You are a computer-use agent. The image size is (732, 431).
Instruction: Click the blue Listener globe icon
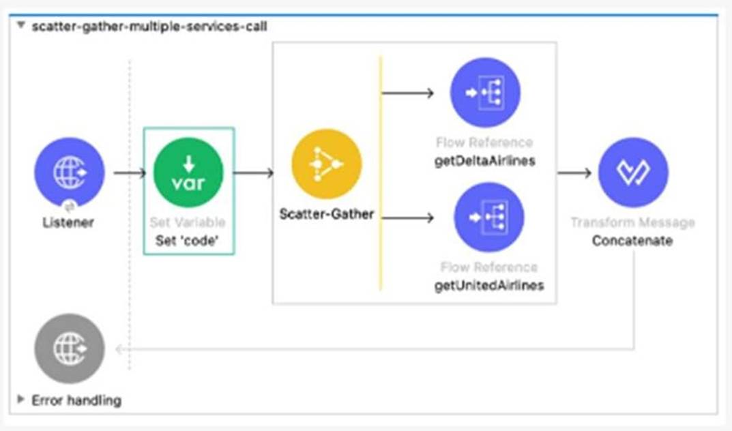click(x=69, y=172)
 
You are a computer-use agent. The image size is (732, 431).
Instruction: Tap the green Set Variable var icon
click(x=188, y=172)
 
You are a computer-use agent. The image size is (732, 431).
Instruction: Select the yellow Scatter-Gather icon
click(x=326, y=164)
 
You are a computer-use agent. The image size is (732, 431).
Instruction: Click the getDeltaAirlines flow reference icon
click(x=484, y=93)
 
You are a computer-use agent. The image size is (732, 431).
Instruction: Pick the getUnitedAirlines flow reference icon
click(x=488, y=217)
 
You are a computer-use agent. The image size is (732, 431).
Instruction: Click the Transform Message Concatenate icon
click(x=632, y=172)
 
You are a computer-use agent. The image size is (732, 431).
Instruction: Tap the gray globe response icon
click(x=69, y=348)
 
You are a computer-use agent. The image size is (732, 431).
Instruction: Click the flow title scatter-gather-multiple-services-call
click(x=149, y=27)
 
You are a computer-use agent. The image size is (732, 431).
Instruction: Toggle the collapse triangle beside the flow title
click(x=21, y=27)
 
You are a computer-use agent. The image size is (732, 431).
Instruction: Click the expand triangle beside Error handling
click(x=21, y=400)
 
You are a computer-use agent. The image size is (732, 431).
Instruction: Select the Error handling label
click(x=76, y=400)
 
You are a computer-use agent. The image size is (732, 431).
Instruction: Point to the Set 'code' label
click(x=188, y=240)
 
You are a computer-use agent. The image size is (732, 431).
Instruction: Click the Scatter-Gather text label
click(x=326, y=214)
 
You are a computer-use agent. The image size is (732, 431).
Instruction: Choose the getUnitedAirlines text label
click(x=488, y=285)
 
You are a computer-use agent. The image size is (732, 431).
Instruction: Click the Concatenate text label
click(x=632, y=241)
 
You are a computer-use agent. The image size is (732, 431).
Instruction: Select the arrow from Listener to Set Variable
click(x=129, y=173)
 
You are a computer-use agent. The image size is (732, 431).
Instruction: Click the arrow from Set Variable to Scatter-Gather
click(x=253, y=173)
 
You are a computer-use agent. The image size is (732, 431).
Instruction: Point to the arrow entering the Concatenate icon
click(x=574, y=173)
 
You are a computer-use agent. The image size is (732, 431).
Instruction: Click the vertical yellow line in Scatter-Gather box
click(x=381, y=170)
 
